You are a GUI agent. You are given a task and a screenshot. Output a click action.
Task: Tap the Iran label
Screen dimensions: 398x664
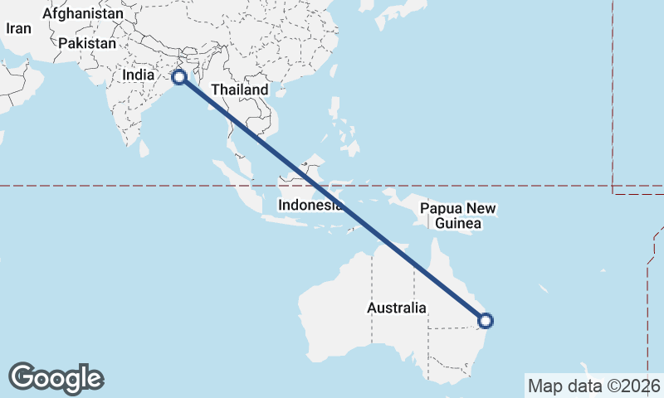tap(18, 28)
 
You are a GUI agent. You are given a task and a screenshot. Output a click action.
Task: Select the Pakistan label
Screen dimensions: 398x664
tap(88, 43)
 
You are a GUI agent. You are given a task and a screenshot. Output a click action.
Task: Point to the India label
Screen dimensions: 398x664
tap(138, 75)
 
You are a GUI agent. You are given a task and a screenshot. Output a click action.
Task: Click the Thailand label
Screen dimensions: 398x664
tap(239, 90)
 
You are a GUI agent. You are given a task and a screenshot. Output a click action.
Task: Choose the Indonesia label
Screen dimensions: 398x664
tap(310, 205)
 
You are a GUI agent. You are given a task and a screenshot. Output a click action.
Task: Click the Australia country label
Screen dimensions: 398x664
tap(397, 308)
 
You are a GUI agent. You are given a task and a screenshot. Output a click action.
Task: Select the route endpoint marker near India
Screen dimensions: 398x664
tap(178, 77)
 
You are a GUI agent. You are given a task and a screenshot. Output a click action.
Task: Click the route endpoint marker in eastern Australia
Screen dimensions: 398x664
tap(486, 320)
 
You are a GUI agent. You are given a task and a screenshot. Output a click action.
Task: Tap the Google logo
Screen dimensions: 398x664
tap(56, 378)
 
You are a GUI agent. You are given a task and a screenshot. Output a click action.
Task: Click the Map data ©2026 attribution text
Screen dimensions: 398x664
tap(594, 386)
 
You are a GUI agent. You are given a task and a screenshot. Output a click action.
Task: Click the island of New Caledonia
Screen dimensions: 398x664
tap(544, 290)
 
